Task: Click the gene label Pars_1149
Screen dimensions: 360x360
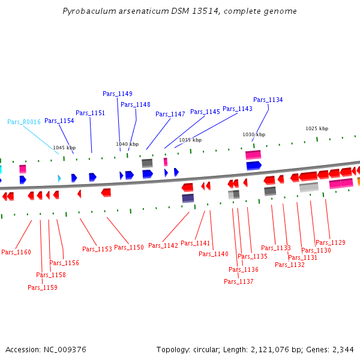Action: (x=118, y=94)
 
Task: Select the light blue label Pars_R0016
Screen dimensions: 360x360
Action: (x=24, y=122)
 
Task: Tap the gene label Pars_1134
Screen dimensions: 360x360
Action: (x=268, y=100)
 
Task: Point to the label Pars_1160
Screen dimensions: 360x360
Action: (x=16, y=253)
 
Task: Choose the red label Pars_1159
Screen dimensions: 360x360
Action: (x=43, y=287)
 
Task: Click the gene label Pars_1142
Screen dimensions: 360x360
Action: (x=163, y=245)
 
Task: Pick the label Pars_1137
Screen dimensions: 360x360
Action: (x=239, y=281)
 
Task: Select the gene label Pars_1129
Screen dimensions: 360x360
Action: (x=331, y=242)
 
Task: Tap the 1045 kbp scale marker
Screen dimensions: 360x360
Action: (x=64, y=148)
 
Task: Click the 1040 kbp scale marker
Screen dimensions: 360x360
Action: (x=127, y=145)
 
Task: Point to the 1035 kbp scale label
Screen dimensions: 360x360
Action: (x=190, y=140)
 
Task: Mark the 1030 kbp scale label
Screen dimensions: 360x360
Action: (x=254, y=135)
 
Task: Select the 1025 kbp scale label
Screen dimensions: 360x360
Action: (x=317, y=128)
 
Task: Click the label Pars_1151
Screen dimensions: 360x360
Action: (x=90, y=113)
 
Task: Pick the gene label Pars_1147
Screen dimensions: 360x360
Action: (x=170, y=114)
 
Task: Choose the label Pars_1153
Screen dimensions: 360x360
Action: (x=97, y=249)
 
